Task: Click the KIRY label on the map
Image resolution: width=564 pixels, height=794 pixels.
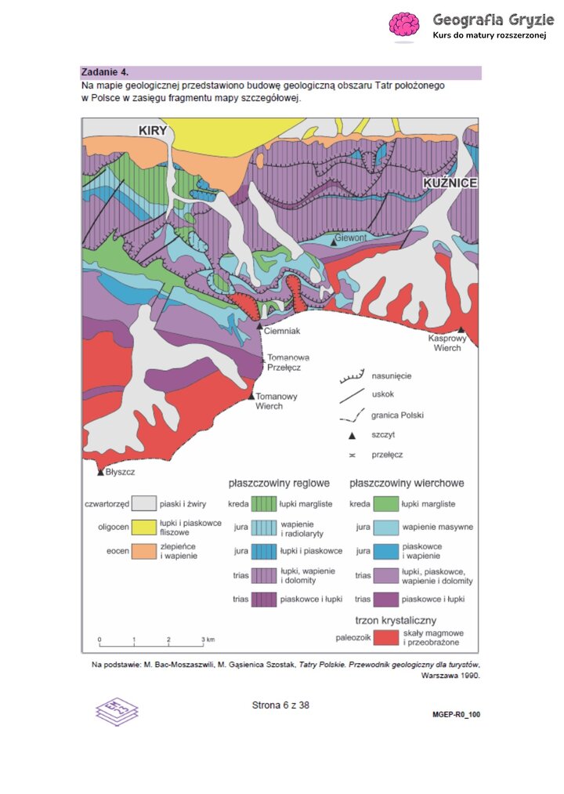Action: (153, 130)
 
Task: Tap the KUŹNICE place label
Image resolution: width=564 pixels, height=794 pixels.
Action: (450, 183)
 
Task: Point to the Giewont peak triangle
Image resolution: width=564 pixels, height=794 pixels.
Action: (334, 243)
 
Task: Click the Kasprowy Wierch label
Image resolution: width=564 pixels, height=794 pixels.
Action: (444, 343)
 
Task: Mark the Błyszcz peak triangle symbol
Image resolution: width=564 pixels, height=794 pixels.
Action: (100, 472)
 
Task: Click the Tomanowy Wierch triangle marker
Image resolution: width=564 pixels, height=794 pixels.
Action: (251, 397)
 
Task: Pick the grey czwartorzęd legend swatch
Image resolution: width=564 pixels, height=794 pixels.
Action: (143, 503)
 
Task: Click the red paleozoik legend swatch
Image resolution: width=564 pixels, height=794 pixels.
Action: (385, 638)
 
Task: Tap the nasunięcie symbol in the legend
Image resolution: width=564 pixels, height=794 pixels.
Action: (352, 377)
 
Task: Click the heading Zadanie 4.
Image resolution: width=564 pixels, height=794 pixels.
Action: (107, 72)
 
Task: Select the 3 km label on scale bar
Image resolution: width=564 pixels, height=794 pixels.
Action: (207, 640)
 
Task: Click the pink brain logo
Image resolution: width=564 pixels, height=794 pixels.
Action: (404, 25)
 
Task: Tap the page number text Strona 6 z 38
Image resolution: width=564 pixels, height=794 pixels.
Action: (280, 705)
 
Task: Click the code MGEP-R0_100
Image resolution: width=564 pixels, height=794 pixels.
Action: (456, 715)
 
